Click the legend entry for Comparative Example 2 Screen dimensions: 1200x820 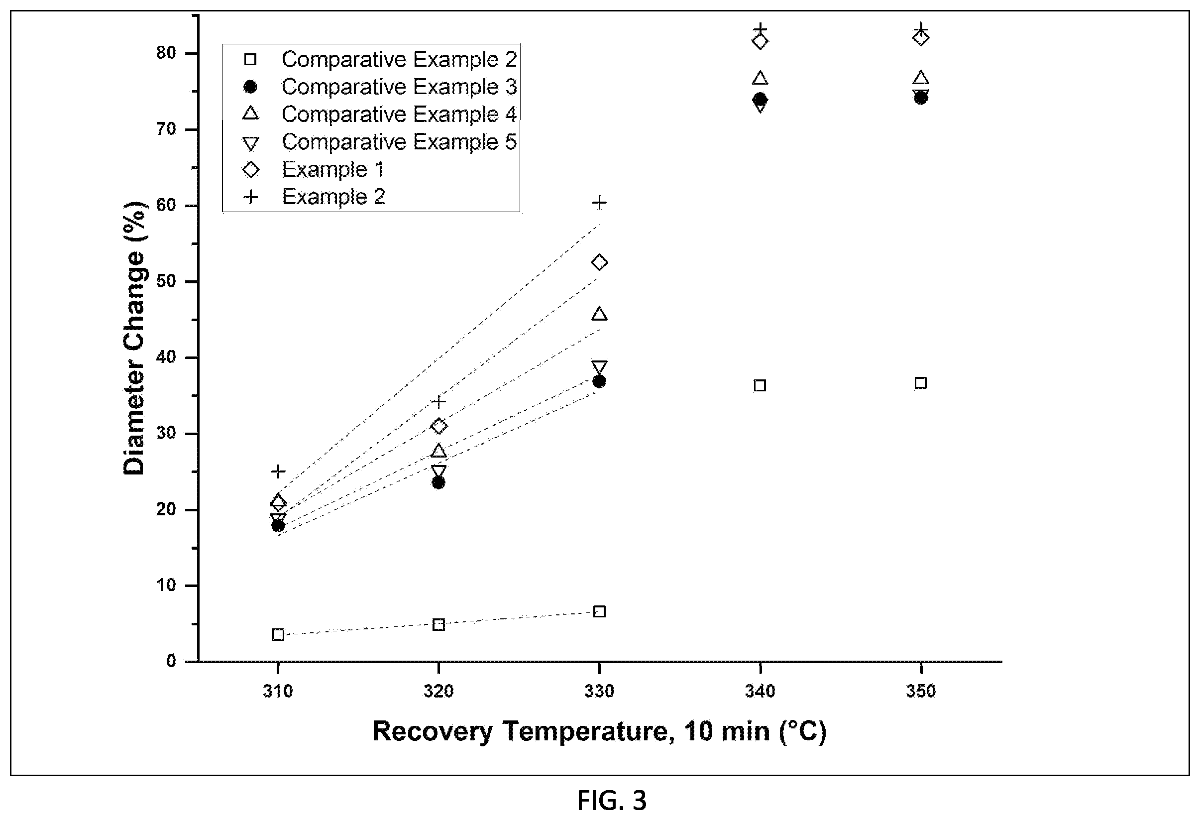(399, 59)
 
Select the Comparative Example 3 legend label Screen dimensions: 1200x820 (399, 87)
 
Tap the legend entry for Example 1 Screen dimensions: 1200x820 (332, 169)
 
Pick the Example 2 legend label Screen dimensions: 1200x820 (333, 197)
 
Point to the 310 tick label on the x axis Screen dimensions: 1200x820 (278, 691)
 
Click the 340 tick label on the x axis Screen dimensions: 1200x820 (760, 691)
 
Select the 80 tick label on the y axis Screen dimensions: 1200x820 (166, 53)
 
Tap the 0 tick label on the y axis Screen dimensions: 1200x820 (171, 662)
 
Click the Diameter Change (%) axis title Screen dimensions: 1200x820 (134, 338)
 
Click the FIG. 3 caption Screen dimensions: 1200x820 (611, 801)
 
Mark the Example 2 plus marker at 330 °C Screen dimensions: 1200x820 (599, 203)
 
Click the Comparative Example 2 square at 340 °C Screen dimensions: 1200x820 (760, 385)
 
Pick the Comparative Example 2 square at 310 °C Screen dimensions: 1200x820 (278, 635)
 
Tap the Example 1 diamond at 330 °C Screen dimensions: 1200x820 (599, 262)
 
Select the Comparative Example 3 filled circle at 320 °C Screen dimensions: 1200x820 (438, 483)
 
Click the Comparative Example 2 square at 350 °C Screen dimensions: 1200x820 (921, 383)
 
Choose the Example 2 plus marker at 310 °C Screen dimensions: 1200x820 (278, 471)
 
